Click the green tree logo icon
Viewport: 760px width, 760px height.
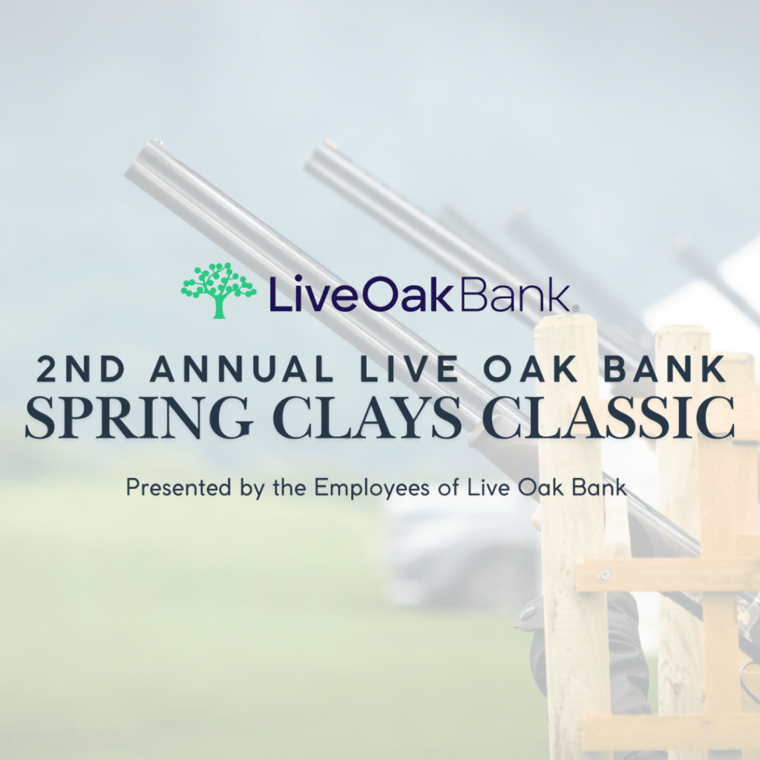[x=219, y=290]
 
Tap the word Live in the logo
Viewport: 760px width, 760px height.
[x=315, y=294]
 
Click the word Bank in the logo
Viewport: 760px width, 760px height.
[x=514, y=294]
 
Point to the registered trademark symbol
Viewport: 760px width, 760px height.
[x=575, y=308]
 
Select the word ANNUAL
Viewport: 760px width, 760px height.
[x=242, y=369]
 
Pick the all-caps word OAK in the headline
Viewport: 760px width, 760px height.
[x=530, y=369]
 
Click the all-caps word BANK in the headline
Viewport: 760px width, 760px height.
[x=664, y=369]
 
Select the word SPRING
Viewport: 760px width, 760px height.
[x=139, y=418]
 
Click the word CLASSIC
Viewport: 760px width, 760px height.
[x=609, y=418]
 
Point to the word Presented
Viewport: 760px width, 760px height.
[x=178, y=487]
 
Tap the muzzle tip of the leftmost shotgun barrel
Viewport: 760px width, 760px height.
[x=156, y=142]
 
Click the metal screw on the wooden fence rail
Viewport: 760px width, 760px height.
[x=604, y=575]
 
